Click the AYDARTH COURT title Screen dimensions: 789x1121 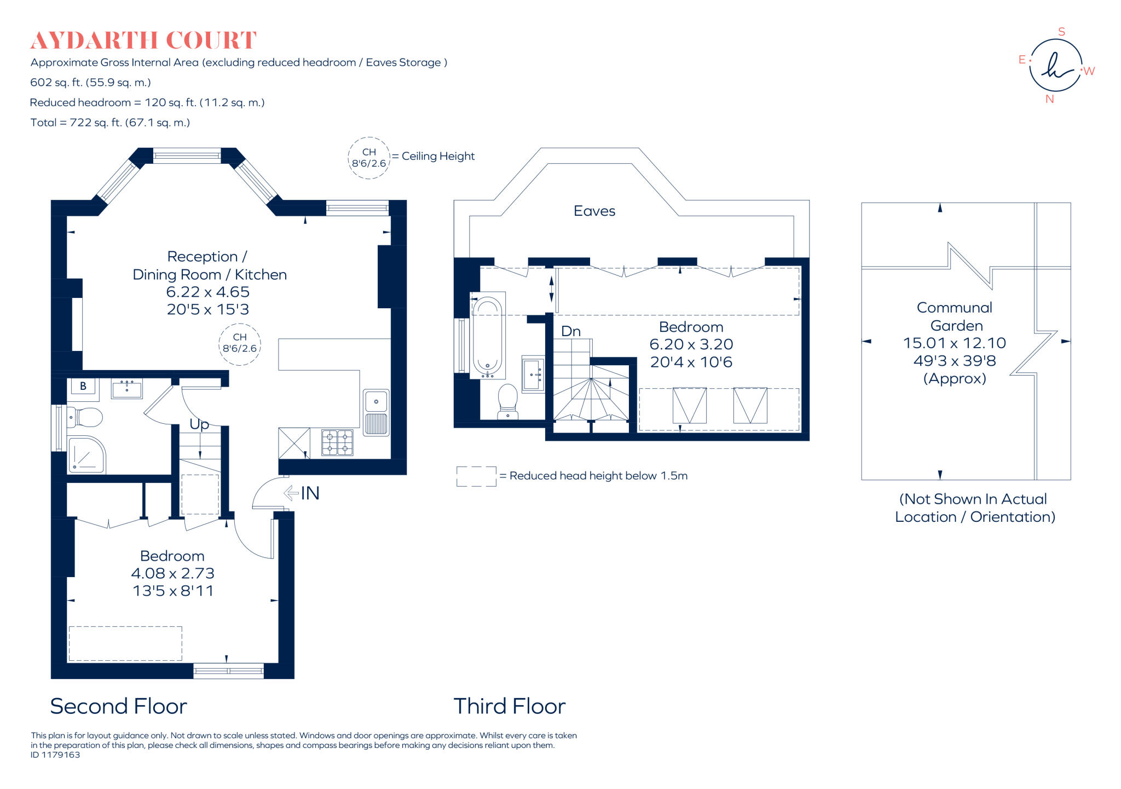click(x=143, y=41)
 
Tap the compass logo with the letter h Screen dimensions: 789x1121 click(x=1056, y=66)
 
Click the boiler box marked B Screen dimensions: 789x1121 click(x=83, y=386)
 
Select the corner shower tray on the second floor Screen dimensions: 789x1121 click(x=86, y=454)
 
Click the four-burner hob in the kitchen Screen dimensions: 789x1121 click(x=337, y=442)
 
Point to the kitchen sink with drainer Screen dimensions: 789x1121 click(x=376, y=412)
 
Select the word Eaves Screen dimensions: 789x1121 click(x=594, y=211)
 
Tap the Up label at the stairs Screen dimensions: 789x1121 click(x=199, y=424)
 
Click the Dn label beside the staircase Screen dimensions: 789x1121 click(x=571, y=331)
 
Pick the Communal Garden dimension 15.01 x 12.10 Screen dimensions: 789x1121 click(x=954, y=343)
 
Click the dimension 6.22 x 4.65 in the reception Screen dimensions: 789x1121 click(x=207, y=292)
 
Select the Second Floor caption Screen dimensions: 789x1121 click(x=118, y=706)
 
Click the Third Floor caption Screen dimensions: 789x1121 click(x=509, y=706)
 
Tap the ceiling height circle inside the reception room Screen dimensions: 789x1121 click(x=240, y=343)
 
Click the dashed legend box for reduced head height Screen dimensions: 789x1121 click(x=476, y=476)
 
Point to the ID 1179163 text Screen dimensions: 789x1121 click(x=55, y=755)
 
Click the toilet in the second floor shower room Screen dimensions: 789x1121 click(x=85, y=418)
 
